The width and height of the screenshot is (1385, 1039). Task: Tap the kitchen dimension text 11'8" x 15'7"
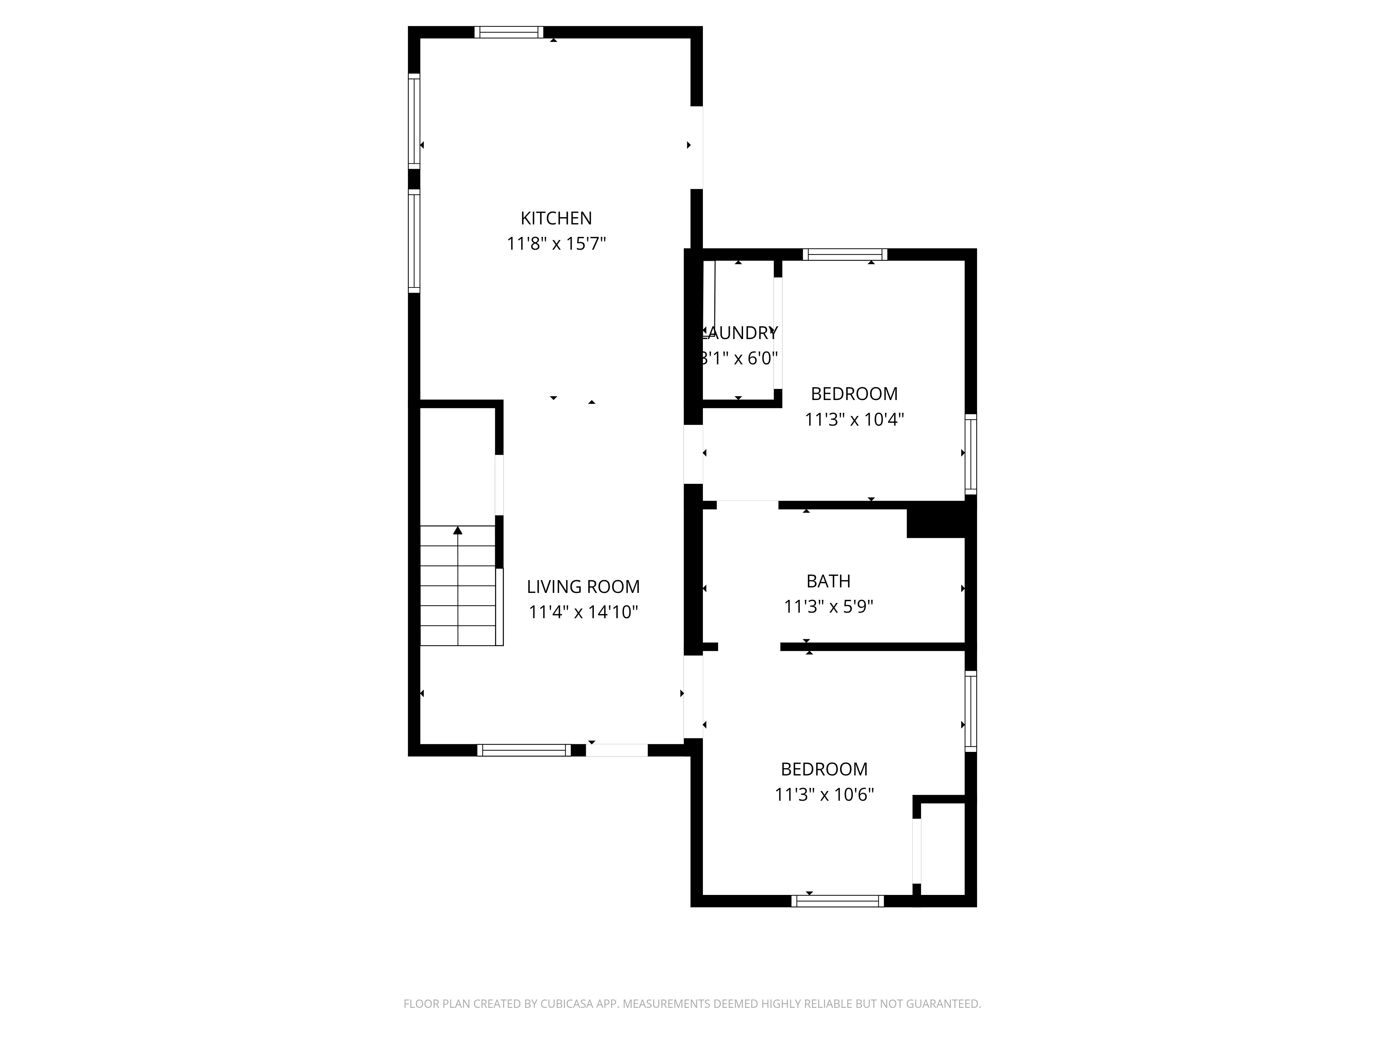pos(556,243)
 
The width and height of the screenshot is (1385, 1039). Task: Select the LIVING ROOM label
pos(583,587)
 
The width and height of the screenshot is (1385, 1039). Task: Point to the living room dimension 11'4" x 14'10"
pos(583,612)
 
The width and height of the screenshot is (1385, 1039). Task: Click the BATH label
pos(828,581)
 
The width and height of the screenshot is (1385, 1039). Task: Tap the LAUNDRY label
pos(740,333)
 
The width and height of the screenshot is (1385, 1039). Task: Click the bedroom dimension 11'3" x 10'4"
pos(854,420)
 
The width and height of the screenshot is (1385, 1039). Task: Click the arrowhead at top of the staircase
pos(458,531)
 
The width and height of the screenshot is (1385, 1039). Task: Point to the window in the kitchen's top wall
pos(508,32)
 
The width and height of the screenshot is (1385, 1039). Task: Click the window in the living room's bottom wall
pos(524,750)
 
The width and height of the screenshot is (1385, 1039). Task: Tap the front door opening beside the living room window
pos(617,750)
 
